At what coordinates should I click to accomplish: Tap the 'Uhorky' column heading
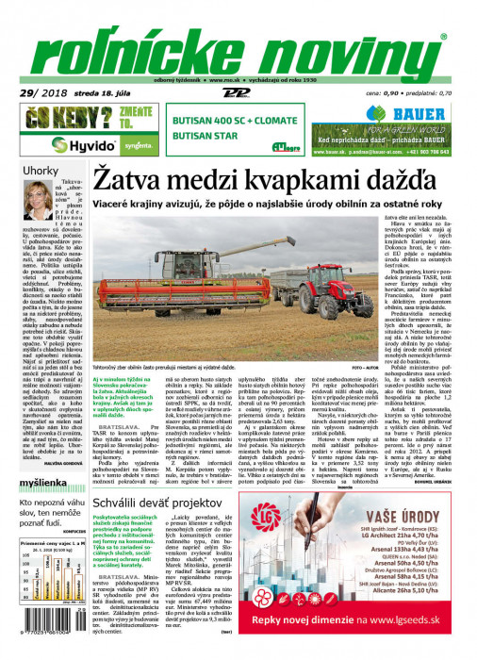[41, 171]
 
